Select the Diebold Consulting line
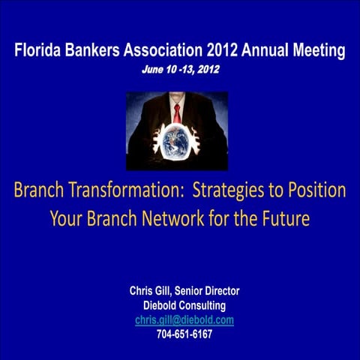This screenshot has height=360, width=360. pyautogui.click(x=184, y=305)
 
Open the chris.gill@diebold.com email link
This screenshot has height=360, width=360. pyautogui.click(x=184, y=319)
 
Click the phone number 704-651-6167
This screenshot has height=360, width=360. pyautogui.click(x=184, y=334)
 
